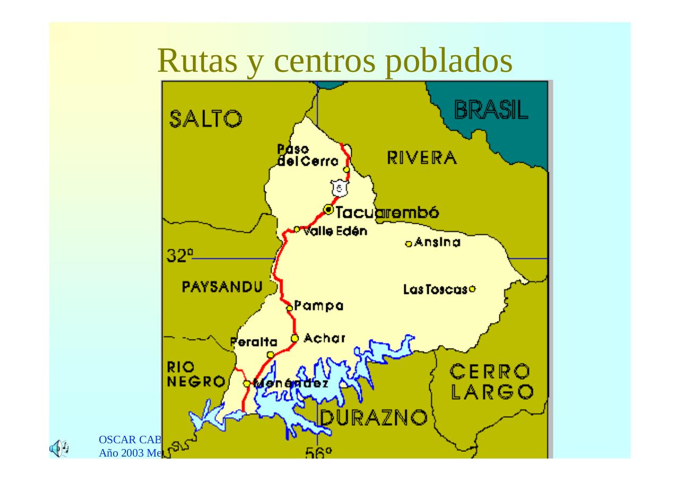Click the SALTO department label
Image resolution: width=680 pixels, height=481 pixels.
[x=206, y=119]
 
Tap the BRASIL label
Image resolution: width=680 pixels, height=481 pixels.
[x=491, y=110]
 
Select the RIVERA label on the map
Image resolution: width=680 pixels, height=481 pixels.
[x=421, y=158]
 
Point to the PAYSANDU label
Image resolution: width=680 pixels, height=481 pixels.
[x=222, y=288]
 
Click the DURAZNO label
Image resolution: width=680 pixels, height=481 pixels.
[x=373, y=418]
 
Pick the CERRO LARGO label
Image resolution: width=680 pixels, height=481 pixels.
[x=492, y=381]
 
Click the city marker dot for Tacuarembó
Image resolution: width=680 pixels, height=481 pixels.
[x=328, y=210]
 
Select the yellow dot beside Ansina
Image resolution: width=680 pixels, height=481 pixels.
[x=409, y=244]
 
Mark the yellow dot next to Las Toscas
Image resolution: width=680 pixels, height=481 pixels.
[x=472, y=289]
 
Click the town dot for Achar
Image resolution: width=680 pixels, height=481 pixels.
[x=295, y=339]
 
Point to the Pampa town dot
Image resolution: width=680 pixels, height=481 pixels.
[x=289, y=308]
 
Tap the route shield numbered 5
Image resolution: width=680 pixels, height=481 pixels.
[x=338, y=188]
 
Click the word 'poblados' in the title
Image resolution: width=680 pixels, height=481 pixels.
[x=448, y=61]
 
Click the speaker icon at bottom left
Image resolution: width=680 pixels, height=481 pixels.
[x=59, y=448]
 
